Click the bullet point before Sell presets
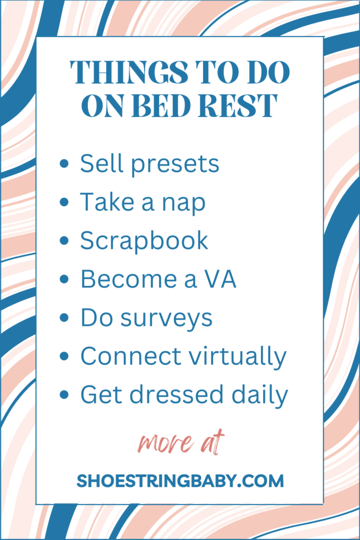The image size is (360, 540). pyautogui.click(x=64, y=163)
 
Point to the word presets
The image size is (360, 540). pyautogui.click(x=175, y=165)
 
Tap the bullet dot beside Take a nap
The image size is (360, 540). pyautogui.click(x=64, y=202)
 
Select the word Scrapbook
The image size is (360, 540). pyautogui.click(x=144, y=241)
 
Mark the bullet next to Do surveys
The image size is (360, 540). pyautogui.click(x=64, y=317)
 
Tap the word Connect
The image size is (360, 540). pyautogui.click(x=131, y=356)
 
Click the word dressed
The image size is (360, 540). pyautogui.click(x=176, y=394)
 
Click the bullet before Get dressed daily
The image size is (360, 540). pyautogui.click(x=64, y=394)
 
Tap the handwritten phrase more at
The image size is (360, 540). pyautogui.click(x=181, y=442)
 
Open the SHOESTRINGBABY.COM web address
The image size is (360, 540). pyautogui.click(x=180, y=481)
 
